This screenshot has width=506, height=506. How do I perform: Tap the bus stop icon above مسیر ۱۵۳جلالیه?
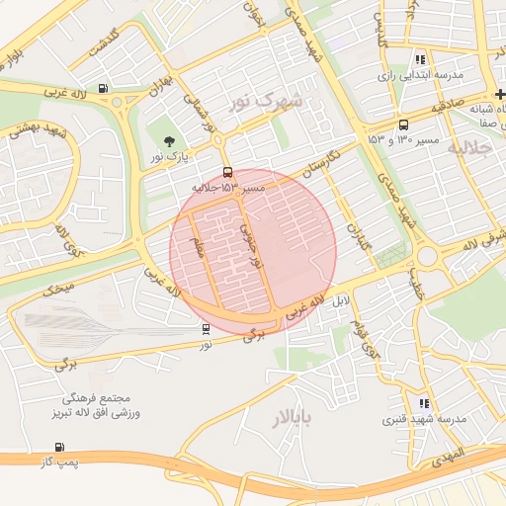[228, 172]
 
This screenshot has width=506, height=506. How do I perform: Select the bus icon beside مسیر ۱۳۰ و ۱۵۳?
[403, 126]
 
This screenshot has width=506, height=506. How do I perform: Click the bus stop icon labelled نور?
[206, 329]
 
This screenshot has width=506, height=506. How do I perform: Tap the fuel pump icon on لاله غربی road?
[105, 88]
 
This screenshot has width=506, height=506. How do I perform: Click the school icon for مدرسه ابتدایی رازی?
[421, 59]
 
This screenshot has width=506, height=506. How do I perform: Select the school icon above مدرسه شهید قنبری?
[424, 403]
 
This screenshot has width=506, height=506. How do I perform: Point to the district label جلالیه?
[469, 148]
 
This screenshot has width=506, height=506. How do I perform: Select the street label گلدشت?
[103, 42]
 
